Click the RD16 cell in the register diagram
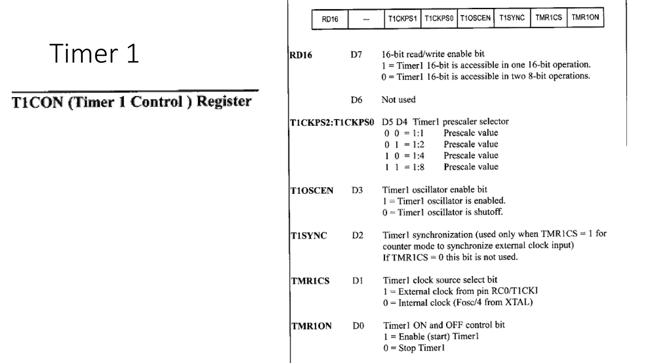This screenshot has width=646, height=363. pos(330,19)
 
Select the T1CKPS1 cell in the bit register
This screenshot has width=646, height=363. pos(402,19)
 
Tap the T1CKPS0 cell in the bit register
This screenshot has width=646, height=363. pos(439,18)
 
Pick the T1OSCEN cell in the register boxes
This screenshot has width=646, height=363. pos(475,18)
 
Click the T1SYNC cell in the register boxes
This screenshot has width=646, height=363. pos(512,18)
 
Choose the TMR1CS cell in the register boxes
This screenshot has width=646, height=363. pos(549,17)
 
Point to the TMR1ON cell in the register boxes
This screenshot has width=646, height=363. pos(585,17)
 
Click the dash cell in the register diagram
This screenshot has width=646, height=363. pos(366,19)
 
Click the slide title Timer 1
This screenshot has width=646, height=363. pos(94,54)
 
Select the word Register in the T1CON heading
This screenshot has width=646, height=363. pos(224,101)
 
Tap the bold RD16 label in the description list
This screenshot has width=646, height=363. pos(301,55)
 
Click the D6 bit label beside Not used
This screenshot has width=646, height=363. pos(356,100)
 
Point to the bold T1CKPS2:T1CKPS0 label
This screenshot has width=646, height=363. pos(332,122)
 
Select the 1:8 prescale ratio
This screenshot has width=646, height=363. pos(418,167)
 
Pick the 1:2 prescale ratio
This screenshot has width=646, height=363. pos(418,145)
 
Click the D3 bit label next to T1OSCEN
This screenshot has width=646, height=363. pos(357,190)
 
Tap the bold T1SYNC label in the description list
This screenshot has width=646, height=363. pos(309,236)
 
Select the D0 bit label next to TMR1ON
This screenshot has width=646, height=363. pos(358,326)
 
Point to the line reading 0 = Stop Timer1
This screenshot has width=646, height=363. pos(414,348)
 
